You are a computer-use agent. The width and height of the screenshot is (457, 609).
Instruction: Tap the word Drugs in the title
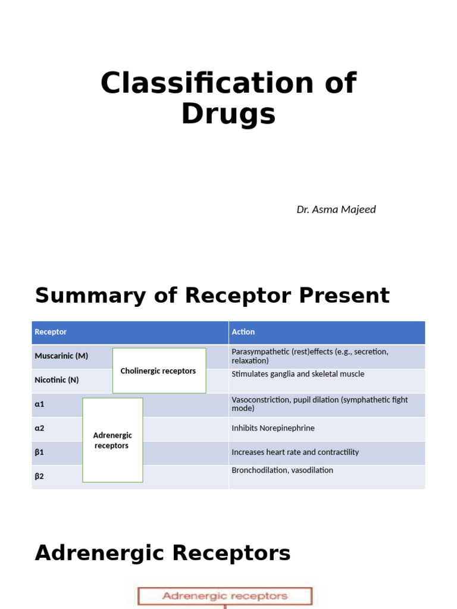228,114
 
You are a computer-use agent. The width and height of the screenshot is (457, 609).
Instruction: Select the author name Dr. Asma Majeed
336,209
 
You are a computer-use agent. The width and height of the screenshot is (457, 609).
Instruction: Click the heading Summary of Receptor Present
212,296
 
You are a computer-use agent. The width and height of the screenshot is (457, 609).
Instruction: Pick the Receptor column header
51,332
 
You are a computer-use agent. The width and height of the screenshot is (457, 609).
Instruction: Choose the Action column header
243,332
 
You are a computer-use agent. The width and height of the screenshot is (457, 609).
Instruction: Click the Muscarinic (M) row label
61,356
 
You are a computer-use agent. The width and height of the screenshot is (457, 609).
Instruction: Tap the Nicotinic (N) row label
57,379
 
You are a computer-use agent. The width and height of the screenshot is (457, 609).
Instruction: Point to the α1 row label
40,404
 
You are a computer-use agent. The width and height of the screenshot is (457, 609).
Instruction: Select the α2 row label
40,428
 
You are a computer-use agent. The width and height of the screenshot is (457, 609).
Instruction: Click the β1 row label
39,452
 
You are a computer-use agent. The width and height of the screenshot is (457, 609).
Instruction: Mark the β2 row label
39,476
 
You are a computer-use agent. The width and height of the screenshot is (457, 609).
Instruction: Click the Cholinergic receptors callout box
158,371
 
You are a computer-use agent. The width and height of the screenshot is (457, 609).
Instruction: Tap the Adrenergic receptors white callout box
112,440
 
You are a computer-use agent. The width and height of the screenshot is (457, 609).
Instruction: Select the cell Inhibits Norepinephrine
273,428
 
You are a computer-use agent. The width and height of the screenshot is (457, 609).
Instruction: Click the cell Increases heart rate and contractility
295,452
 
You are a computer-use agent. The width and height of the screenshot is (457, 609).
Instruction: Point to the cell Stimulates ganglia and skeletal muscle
298,374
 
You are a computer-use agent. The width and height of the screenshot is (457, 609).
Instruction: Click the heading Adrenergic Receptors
162,553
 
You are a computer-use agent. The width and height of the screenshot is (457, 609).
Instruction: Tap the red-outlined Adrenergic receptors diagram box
225,596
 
